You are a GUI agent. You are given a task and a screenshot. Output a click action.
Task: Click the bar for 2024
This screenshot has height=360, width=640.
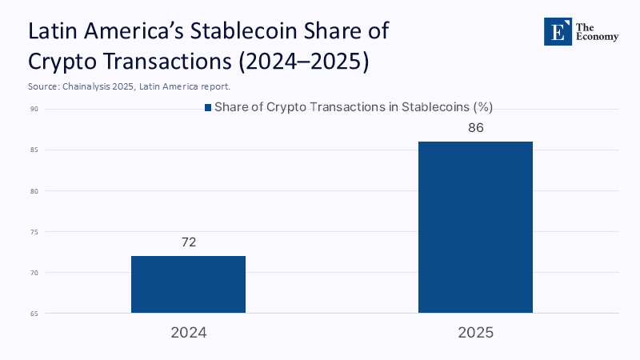tap(188, 284)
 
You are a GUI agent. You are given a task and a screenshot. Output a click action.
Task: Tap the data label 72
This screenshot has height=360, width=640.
tap(189, 242)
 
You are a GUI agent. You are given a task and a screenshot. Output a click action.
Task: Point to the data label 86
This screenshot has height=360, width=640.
tap(475, 128)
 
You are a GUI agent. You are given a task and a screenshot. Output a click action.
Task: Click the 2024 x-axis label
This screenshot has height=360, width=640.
tap(189, 331)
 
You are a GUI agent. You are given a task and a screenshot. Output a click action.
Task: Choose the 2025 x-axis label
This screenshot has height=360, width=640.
tap(475, 331)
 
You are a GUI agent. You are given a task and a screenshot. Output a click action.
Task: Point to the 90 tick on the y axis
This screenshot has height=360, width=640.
tap(35, 109)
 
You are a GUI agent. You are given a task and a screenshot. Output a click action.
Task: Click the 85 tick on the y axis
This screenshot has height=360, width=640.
tap(35, 150)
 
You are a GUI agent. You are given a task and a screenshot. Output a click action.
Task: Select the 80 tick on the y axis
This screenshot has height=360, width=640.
tap(35, 191)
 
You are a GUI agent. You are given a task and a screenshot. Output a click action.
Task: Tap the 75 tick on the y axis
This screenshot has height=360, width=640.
tap(35, 232)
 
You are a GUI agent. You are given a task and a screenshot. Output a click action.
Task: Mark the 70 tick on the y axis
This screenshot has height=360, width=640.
tap(35, 273)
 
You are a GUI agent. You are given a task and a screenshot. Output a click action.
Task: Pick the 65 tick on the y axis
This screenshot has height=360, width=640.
tap(35, 314)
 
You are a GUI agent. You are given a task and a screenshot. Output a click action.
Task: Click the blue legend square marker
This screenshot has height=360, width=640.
tap(207, 108)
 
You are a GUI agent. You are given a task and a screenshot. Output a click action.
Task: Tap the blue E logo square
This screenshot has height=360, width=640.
tap(556, 30)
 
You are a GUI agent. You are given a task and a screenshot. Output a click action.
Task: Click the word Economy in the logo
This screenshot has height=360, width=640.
tap(597, 37)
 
